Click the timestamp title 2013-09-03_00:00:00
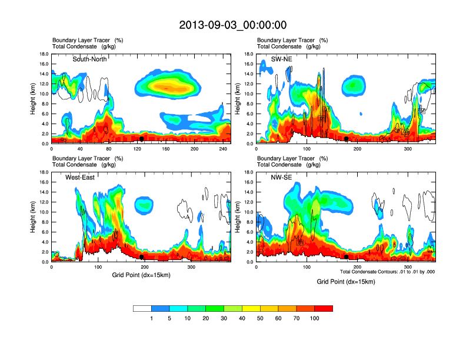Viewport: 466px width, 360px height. [232, 25]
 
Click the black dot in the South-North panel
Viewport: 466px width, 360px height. [142, 139]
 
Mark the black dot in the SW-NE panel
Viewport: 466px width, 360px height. [347, 139]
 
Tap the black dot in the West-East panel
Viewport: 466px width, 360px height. [142, 257]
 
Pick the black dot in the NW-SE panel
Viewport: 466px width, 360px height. [347, 257]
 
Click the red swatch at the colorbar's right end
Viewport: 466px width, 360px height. [324, 308]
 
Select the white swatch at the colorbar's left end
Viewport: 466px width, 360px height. [142, 308]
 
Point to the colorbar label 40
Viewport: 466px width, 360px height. [242, 318]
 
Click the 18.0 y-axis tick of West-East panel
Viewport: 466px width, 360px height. [44, 172]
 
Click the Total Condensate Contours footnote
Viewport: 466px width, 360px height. [387, 272]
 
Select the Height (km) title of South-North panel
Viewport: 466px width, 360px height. [32, 99]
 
